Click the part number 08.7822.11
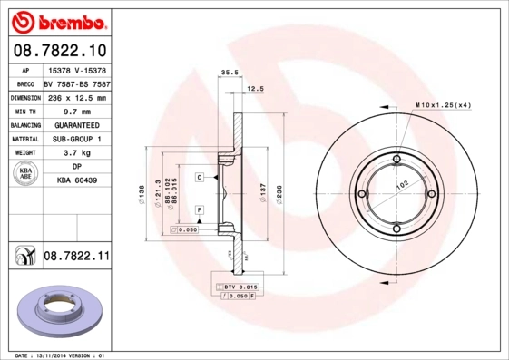(76, 258)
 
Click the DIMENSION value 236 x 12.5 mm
(76, 96)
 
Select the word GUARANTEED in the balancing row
(76, 124)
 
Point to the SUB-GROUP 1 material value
(76, 139)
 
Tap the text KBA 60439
(76, 181)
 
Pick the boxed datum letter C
(199, 178)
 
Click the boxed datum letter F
(199, 210)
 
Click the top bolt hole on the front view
(396, 163)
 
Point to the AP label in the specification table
(24, 69)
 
